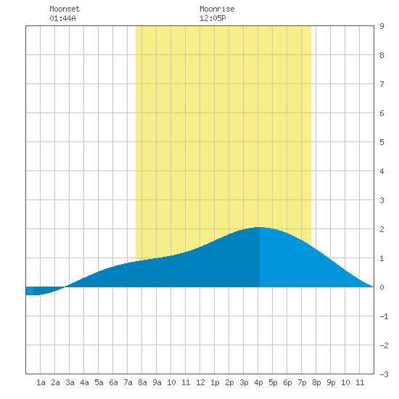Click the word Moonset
[x=65, y=9]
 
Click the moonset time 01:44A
[x=62, y=18]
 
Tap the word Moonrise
[x=217, y=9]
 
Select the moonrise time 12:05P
[x=213, y=18]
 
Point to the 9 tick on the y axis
[x=382, y=26]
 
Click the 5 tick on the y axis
[x=382, y=142]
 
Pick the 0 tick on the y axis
[x=382, y=287]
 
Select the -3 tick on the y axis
[x=384, y=374]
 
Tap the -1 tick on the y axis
[x=384, y=316]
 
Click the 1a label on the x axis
[x=41, y=382]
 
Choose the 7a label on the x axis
[x=128, y=382]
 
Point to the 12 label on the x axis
[x=200, y=382]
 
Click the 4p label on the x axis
[x=258, y=382]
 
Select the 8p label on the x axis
[x=316, y=382]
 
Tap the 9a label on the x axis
[x=157, y=382]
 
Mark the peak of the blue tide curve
[x=259, y=227]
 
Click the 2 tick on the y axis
[x=382, y=229]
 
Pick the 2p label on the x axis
[x=229, y=382]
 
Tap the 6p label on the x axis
[x=287, y=382]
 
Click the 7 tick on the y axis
[x=382, y=84]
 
